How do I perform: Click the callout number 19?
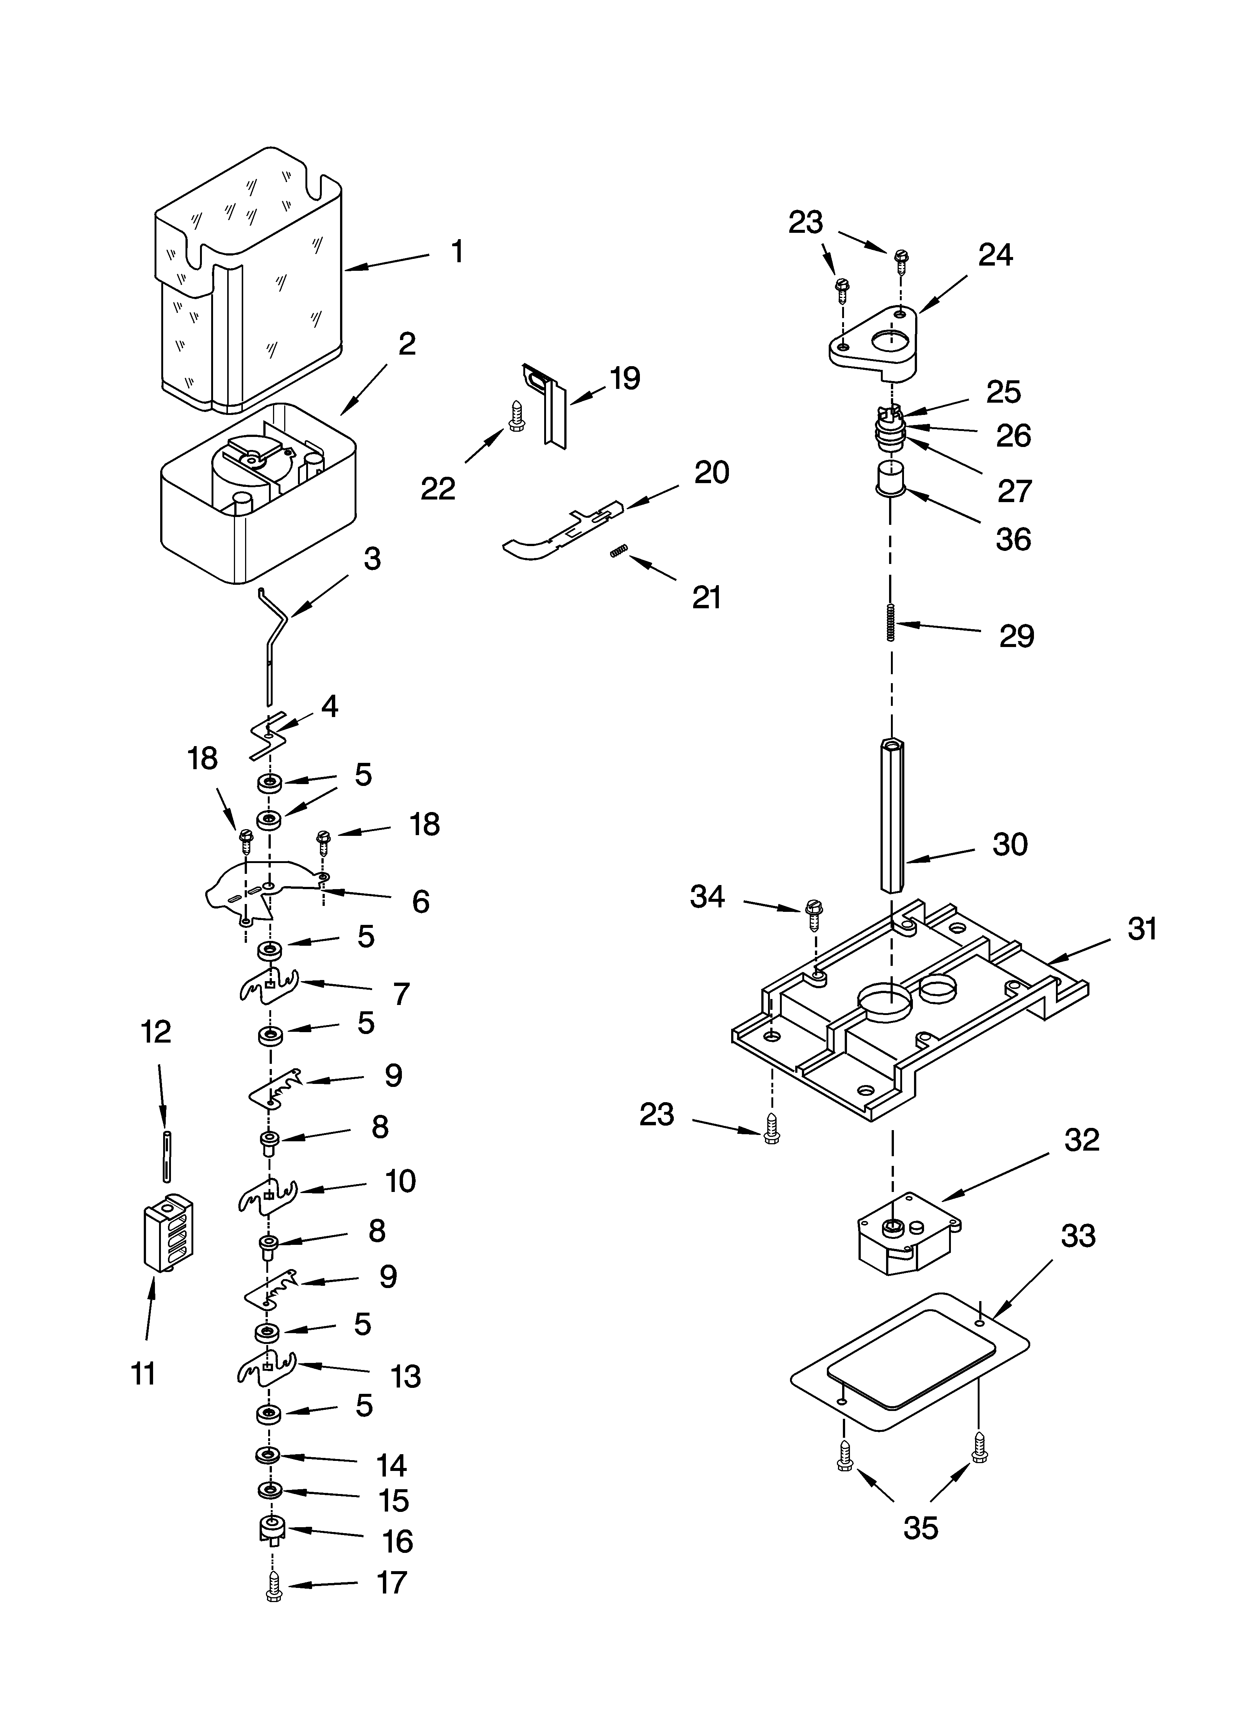(625, 378)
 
